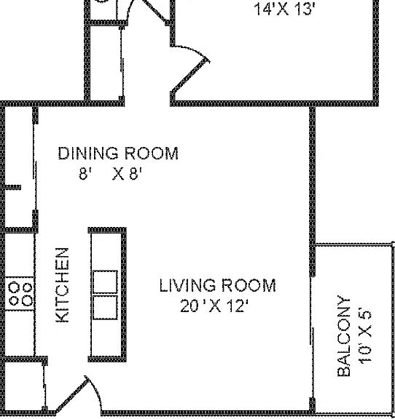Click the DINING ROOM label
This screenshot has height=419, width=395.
coord(118,153)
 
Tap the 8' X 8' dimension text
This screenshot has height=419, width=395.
coord(110,173)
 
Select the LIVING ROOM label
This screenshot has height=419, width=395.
coord(217,285)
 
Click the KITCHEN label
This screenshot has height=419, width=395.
coord(62,285)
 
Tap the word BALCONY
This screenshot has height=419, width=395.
coord(344,336)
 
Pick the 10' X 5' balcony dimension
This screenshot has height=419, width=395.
coord(364,336)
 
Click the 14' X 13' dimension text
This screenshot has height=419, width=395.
coord(284,9)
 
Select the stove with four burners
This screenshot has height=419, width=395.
coord(20,294)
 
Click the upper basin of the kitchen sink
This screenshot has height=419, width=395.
coord(105,282)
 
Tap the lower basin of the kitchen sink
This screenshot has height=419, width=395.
coord(105,307)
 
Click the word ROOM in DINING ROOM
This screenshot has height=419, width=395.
coord(152,153)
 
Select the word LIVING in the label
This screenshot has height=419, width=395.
coord(187,285)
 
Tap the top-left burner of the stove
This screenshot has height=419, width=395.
coord(14,288)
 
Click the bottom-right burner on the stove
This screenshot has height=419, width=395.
coord(27,300)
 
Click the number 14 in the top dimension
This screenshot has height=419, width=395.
coord(262,9)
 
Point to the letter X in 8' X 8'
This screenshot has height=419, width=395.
coord(118,174)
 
